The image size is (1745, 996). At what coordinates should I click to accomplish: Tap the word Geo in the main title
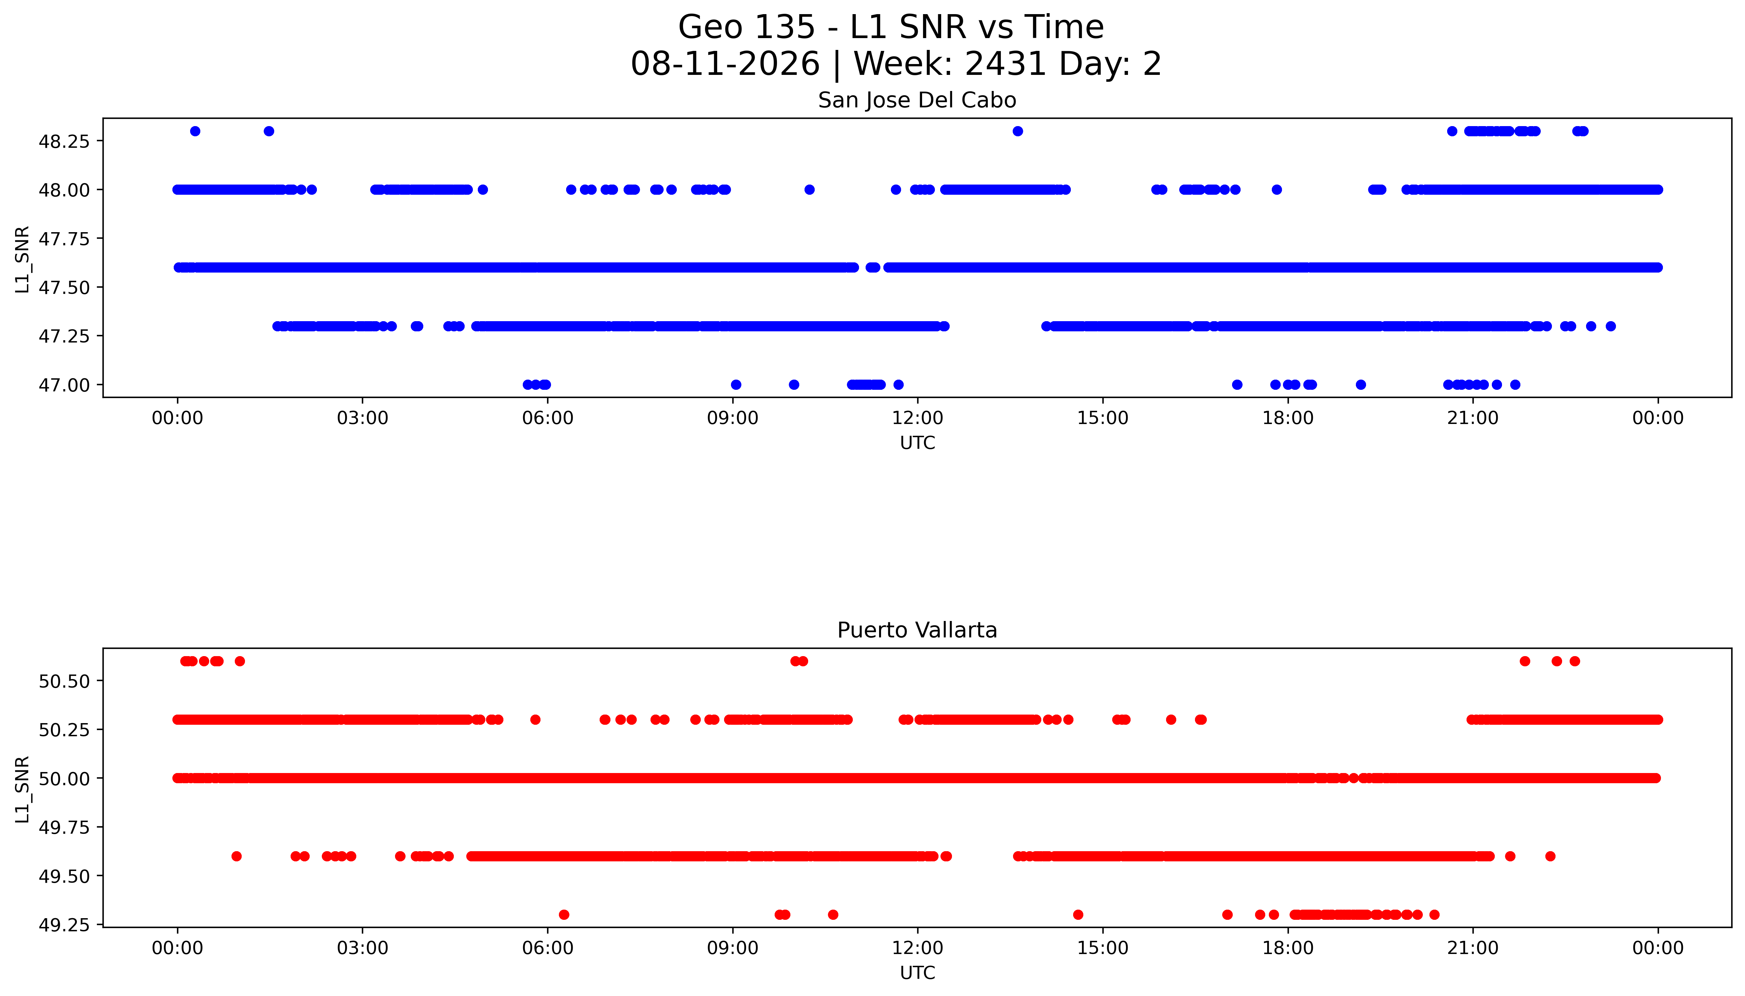point(709,27)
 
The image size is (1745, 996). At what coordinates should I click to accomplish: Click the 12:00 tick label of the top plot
point(917,418)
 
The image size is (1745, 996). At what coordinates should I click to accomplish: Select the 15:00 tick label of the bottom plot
point(1103,948)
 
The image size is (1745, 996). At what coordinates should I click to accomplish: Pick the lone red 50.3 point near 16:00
point(1171,719)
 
